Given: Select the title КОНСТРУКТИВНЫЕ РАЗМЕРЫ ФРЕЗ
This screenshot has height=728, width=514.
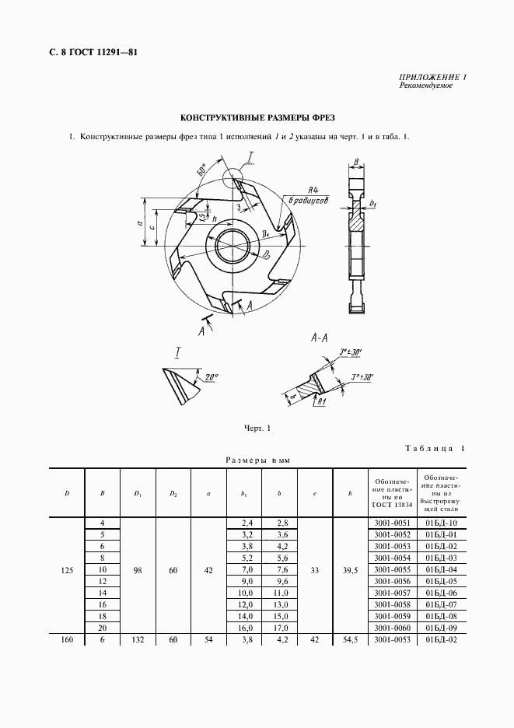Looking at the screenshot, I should tap(257, 118).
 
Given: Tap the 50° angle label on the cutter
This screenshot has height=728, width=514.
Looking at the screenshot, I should tap(203, 170).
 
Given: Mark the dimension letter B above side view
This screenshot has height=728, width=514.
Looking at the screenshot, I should tap(355, 162).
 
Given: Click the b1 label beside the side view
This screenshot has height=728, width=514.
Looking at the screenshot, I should tap(373, 204).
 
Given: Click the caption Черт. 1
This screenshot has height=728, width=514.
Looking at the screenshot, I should tap(257, 428).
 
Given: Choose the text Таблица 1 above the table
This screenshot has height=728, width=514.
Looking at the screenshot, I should tap(435, 448).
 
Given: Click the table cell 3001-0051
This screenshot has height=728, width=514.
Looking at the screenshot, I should tap(391, 523).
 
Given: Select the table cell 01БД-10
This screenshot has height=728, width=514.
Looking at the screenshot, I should tap(440, 523).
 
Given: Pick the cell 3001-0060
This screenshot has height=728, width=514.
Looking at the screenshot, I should tap(391, 628).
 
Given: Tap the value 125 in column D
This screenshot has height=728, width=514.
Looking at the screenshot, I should tap(67, 570).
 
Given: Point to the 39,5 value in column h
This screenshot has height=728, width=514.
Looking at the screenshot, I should tap(350, 570).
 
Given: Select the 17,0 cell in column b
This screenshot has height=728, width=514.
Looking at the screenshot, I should tap(281, 628).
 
